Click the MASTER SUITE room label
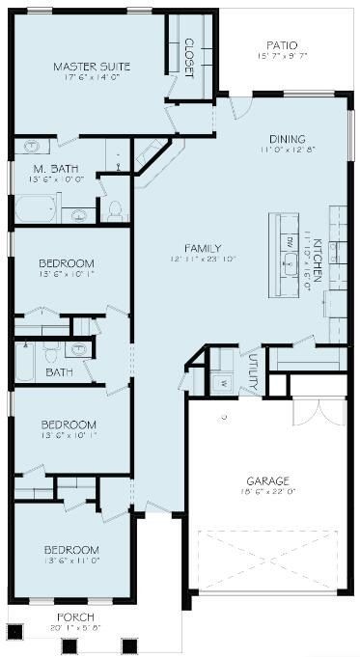93,67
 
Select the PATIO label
282,44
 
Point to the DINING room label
287,139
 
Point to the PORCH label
75,616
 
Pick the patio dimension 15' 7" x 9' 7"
282,56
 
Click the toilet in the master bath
114,211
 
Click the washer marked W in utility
223,383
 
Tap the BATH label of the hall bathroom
58,371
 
